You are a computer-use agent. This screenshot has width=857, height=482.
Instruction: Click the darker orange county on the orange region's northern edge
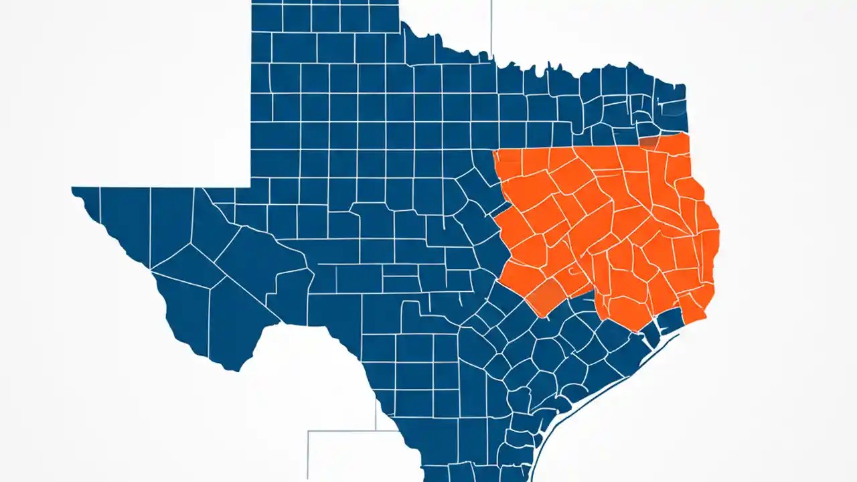(x=648, y=142)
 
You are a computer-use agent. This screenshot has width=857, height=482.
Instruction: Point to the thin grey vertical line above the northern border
(x=491, y=27)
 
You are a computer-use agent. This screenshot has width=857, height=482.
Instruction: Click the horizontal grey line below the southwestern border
(x=341, y=431)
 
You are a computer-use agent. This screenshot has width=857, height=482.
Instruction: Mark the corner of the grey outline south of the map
(x=308, y=432)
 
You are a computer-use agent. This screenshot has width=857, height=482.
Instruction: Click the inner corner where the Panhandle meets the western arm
(x=251, y=187)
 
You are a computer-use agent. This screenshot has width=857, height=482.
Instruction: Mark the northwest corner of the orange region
(x=494, y=151)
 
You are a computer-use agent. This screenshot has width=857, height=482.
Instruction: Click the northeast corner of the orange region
(x=688, y=134)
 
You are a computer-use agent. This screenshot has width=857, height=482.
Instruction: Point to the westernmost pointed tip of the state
(x=72, y=189)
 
